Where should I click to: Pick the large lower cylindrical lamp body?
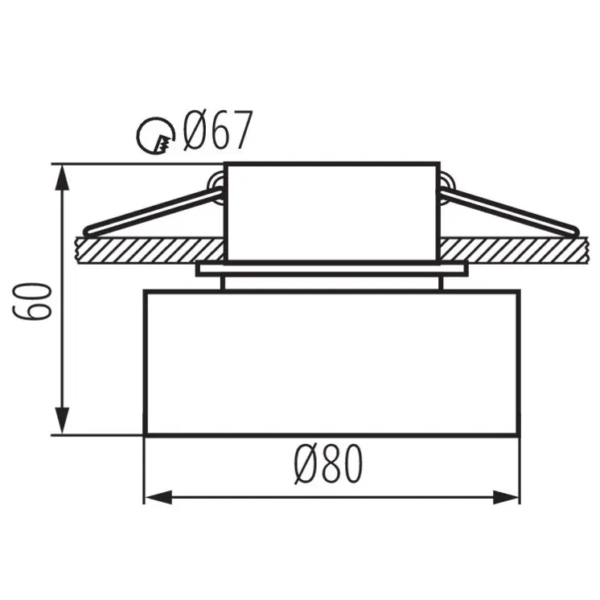(x=331, y=362)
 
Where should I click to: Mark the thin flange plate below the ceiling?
(x=331, y=269)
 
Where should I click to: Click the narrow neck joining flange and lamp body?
(x=331, y=283)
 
